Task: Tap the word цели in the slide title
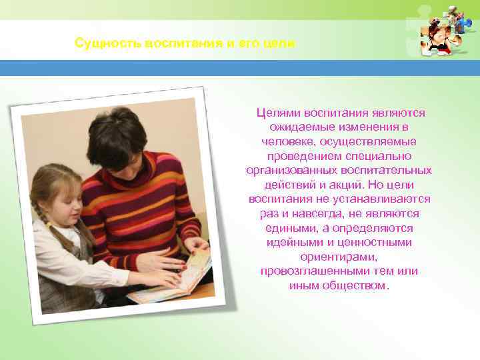click(281, 43)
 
